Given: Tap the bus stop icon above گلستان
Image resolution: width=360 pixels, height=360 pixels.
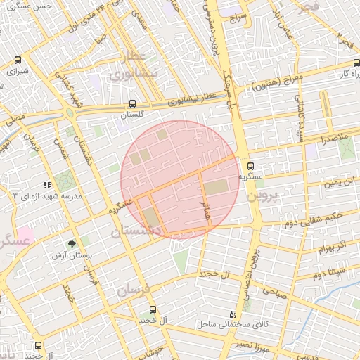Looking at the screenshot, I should (x=132, y=103).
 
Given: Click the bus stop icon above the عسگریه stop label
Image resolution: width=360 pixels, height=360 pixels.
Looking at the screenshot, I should (x=250, y=165).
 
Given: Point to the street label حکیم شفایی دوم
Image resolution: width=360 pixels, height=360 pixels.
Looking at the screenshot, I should (x=313, y=219).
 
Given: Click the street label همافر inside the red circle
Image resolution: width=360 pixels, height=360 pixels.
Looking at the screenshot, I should (x=205, y=209).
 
